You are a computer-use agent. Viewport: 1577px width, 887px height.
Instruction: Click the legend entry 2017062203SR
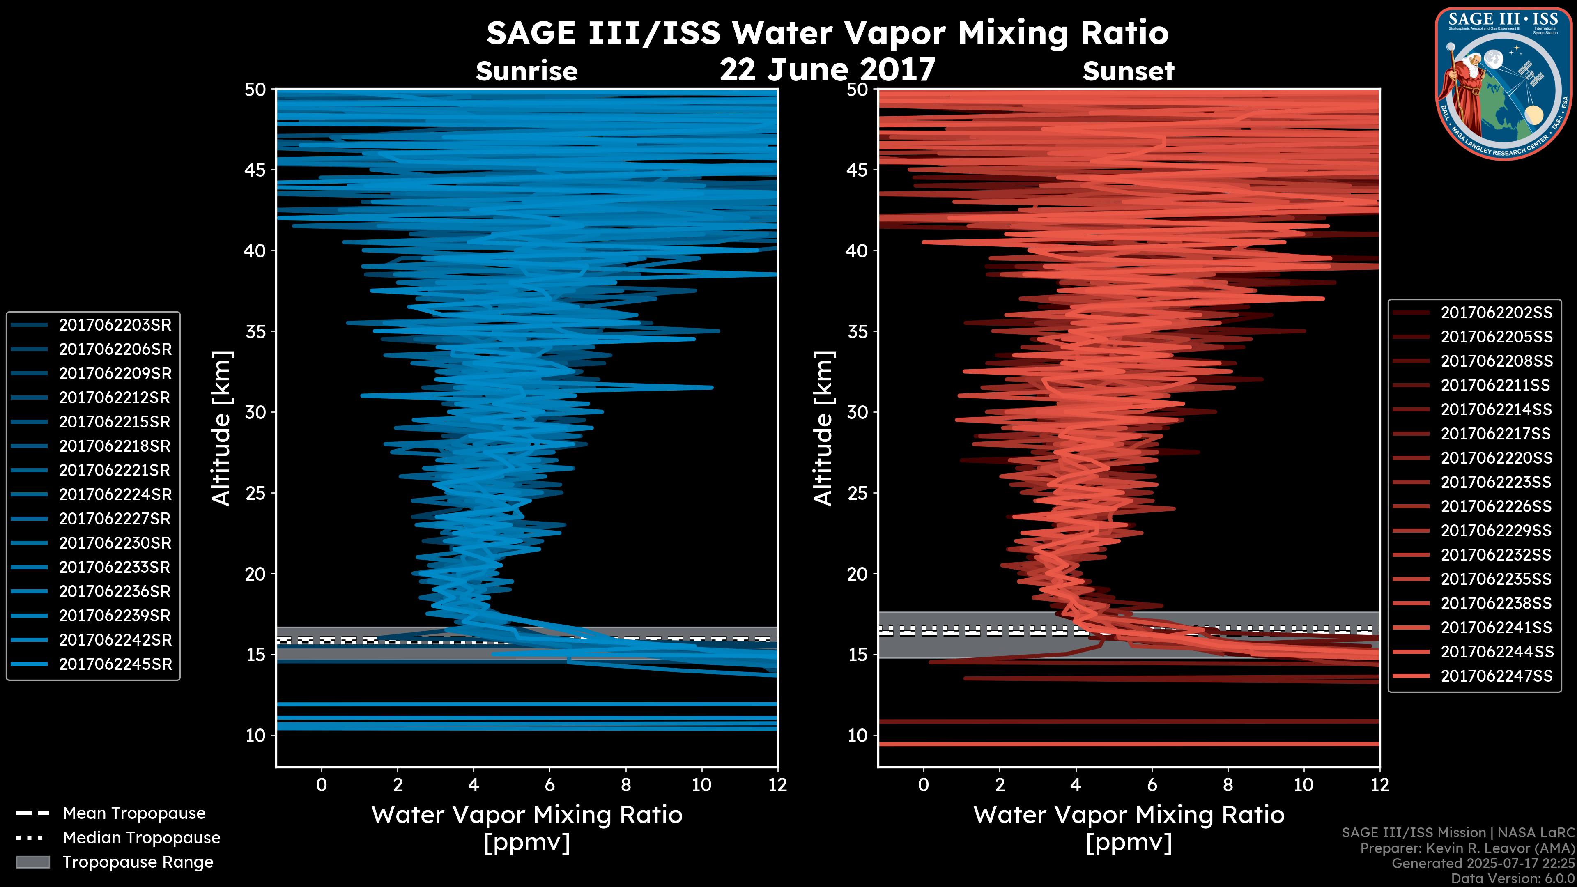(x=115, y=325)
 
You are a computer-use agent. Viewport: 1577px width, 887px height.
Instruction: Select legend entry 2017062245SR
(x=115, y=664)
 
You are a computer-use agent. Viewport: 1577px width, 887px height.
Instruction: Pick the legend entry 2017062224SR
(x=115, y=494)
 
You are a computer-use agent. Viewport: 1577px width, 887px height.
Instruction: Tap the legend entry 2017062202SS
(x=1496, y=313)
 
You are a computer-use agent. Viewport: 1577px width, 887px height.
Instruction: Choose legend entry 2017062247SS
(x=1496, y=676)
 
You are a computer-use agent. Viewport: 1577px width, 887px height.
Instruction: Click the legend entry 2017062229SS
(x=1496, y=531)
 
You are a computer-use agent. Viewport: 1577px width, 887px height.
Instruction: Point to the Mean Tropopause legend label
(x=133, y=813)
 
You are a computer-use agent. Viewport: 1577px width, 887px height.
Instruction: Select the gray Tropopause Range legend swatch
(x=32, y=862)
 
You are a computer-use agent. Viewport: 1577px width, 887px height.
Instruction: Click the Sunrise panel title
(x=526, y=71)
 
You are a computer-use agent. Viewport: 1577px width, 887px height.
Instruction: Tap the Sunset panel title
(x=1128, y=71)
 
